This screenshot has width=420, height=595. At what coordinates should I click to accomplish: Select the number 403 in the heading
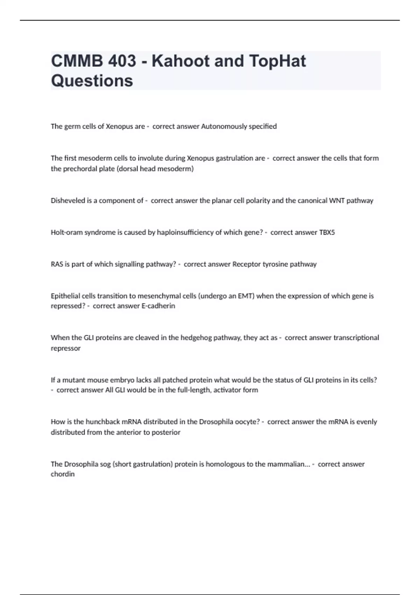click(x=122, y=61)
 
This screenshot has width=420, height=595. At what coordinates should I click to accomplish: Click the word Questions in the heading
click(x=92, y=81)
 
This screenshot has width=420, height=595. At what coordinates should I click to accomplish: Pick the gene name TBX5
click(x=327, y=232)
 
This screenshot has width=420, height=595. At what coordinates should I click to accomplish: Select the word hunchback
click(x=103, y=422)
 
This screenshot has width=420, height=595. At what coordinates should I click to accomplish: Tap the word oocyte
click(x=246, y=422)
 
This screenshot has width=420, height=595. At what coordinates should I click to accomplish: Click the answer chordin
click(x=63, y=474)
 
